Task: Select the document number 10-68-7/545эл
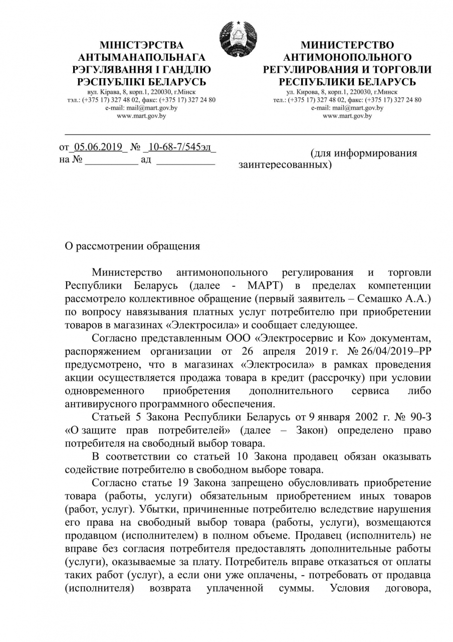click(x=179, y=147)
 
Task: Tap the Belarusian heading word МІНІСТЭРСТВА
click(x=142, y=46)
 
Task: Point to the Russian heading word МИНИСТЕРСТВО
click(x=347, y=46)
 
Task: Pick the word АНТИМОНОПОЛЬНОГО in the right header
click(x=347, y=58)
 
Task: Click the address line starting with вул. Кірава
click(x=141, y=92)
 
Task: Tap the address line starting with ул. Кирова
click(x=347, y=92)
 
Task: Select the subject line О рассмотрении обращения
click(x=133, y=246)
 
